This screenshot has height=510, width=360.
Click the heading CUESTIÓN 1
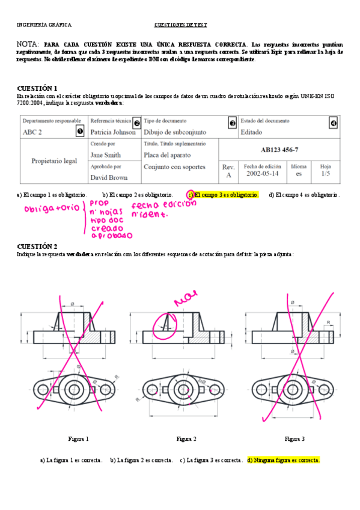(37, 88)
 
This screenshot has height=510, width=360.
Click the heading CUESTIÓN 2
(37, 247)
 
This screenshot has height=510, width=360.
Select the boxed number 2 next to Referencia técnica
(136, 123)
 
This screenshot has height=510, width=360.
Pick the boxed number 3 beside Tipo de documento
(233, 123)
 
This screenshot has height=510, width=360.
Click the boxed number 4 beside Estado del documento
(334, 123)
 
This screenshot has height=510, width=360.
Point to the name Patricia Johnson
(113, 132)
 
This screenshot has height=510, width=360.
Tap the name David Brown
(109, 177)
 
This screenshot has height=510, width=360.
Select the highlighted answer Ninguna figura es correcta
(283, 460)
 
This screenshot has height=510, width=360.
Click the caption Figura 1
(78, 438)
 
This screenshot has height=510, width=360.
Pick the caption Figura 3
(294, 438)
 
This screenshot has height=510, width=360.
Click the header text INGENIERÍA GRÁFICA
(44, 25)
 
